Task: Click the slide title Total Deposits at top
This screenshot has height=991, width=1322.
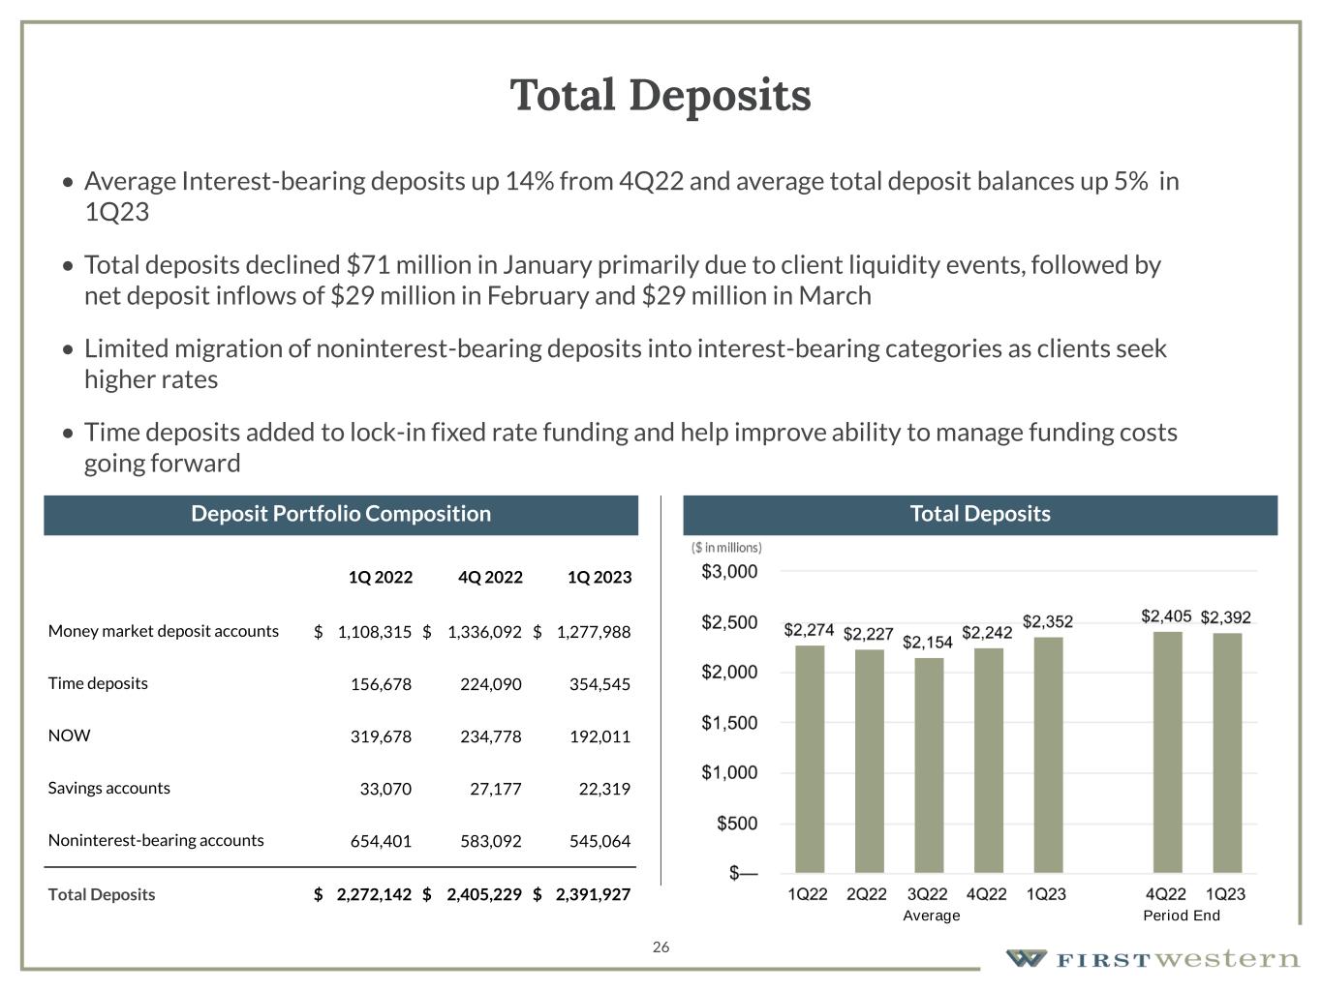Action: coord(661,96)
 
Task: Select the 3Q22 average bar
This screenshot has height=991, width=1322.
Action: coord(929,765)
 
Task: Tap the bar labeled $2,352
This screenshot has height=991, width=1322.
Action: coord(1048,755)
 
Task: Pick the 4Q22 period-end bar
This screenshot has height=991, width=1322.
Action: coord(1167,752)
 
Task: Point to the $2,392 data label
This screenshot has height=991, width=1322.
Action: coord(1225,617)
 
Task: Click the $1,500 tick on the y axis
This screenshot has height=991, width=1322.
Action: coord(729,723)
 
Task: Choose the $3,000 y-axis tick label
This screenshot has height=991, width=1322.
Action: coord(729,572)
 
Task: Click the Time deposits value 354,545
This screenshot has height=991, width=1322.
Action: coord(600,684)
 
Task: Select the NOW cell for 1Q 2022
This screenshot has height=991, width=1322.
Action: coord(381,736)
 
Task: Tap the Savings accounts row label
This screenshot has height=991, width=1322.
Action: coord(109,788)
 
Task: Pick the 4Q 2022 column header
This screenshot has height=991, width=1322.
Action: coord(490,578)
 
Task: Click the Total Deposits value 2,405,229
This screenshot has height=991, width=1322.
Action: coord(483,895)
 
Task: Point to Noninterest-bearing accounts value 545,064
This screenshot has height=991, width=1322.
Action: coord(600,841)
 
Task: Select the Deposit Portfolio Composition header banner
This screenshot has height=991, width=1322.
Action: coord(341,514)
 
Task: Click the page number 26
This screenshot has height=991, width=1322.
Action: coord(661,947)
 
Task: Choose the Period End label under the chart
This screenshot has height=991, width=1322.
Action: coord(1182,916)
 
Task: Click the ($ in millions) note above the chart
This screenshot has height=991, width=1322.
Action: coord(726,548)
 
